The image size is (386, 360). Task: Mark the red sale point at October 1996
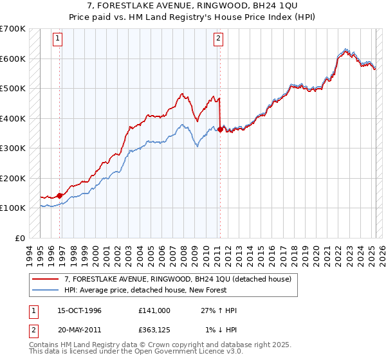60,195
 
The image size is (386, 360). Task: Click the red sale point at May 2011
220,129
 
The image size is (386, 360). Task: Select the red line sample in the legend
46,279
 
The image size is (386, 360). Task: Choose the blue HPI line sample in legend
46,290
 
